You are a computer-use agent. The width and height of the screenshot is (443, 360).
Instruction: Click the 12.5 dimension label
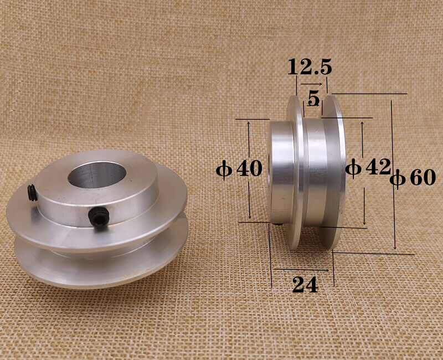click(x=310, y=68)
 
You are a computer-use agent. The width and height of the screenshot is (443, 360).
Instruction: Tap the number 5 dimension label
click(x=313, y=99)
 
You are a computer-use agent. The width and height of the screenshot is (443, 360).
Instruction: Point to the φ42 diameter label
click(x=368, y=167)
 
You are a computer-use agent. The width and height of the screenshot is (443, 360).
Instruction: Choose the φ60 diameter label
click(x=413, y=177)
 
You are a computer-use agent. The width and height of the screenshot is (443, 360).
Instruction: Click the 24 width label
click(x=305, y=285)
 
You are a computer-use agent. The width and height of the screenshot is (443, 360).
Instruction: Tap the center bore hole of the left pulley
click(x=97, y=174)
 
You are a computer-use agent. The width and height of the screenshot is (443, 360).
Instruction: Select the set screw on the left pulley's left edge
click(x=32, y=192)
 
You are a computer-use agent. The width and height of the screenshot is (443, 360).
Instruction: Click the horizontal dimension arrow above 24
click(x=302, y=270)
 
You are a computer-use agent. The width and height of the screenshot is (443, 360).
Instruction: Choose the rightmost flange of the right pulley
click(x=335, y=172)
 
